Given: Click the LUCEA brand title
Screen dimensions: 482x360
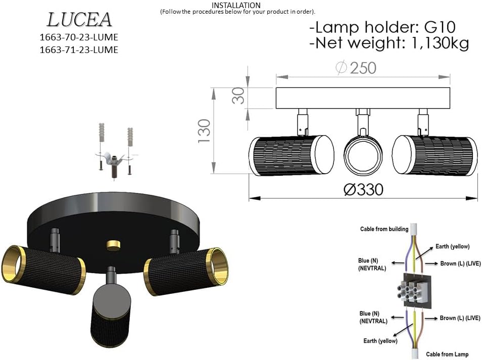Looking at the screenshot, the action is pos(79,20).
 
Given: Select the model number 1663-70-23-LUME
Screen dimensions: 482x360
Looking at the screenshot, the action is pos(79,37).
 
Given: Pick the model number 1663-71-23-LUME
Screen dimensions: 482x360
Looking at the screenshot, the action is pos(79,50).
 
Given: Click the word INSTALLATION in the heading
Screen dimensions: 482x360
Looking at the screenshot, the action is pos(236,5).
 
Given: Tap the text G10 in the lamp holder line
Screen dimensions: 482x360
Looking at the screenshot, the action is pos(440,27).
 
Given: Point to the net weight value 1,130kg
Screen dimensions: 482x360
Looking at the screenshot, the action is pos(440,43).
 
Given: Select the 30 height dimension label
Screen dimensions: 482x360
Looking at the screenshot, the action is pos(238,95).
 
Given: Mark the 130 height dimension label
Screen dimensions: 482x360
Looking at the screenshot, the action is pos(204,131).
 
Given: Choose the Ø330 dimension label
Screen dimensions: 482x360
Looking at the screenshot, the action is pos(363,189).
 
